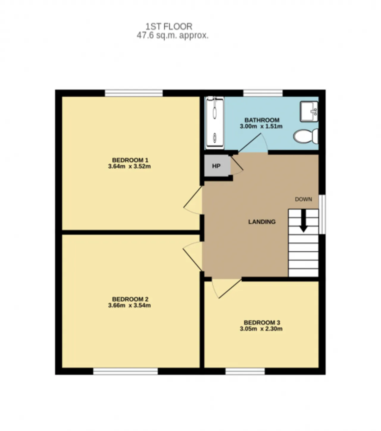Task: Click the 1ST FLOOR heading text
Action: (x=169, y=27)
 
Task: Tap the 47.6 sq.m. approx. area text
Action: (x=173, y=35)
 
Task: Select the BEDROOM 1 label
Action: (x=130, y=160)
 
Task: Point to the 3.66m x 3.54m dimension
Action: (x=129, y=305)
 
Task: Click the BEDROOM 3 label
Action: (x=262, y=323)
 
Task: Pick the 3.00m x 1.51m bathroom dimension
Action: (x=261, y=126)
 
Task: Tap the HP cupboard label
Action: (x=216, y=166)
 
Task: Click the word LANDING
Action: (x=262, y=222)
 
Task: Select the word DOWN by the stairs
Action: (x=303, y=199)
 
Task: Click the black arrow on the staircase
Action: (x=303, y=221)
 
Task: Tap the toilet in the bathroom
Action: (x=306, y=136)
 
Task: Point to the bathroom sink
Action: (x=309, y=111)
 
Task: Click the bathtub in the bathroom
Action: (x=215, y=123)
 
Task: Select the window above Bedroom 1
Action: (x=134, y=93)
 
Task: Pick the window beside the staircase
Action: (x=322, y=214)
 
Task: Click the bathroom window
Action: (x=263, y=93)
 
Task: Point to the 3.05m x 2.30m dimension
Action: (x=261, y=329)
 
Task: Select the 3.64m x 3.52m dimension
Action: (x=129, y=166)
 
